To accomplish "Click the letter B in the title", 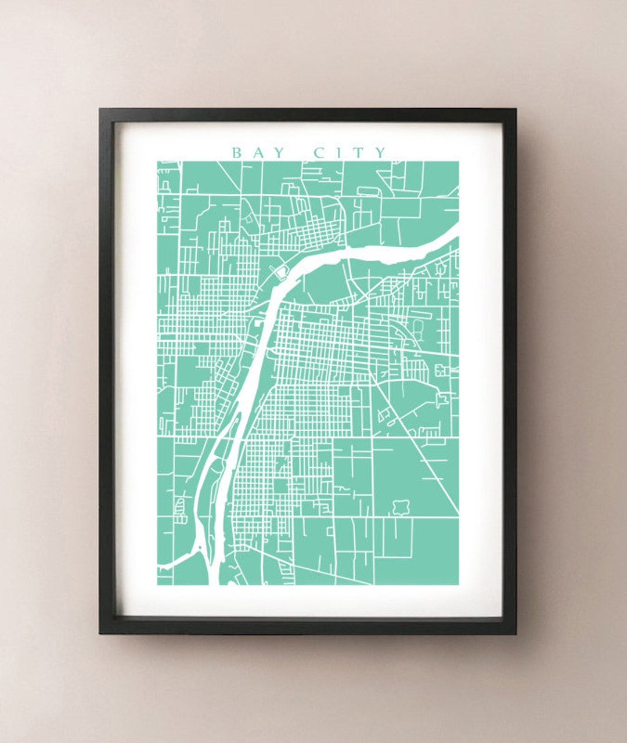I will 237,153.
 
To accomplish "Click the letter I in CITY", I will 339,153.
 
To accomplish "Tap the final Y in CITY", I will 380,153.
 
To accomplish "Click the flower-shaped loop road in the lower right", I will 399,508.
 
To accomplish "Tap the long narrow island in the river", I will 219,488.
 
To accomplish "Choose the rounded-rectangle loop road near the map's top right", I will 367,190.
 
